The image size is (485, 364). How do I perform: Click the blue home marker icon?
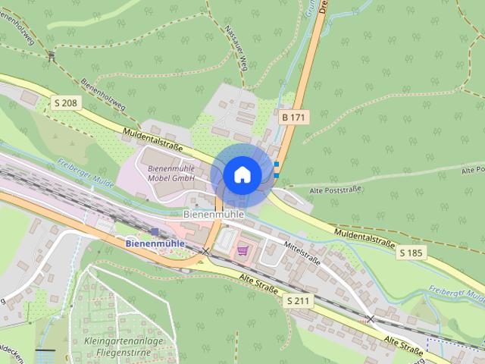click(x=242, y=174)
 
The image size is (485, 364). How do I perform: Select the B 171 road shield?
click(x=294, y=118)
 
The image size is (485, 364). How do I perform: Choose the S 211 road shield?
click(x=299, y=301)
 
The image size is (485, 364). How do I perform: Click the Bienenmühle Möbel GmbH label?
click(x=171, y=173)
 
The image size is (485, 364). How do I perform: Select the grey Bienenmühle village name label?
click(x=214, y=215)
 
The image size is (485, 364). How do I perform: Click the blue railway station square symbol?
click(x=155, y=232)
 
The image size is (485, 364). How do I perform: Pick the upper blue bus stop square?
click(x=277, y=164)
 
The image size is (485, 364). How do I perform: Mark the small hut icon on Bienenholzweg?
click(x=51, y=55)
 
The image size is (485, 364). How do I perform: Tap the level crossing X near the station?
click(x=205, y=250)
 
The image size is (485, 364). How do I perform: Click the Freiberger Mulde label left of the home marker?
click(x=86, y=170)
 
